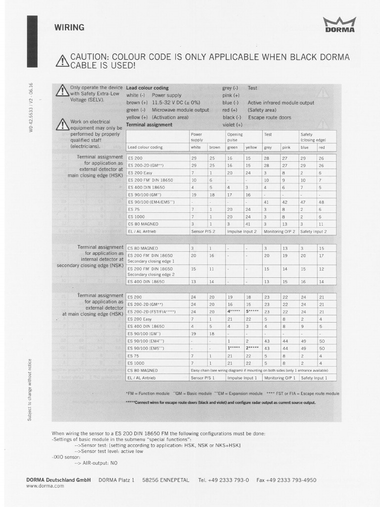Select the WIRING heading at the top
(x=69, y=28)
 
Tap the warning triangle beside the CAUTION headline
(x=62, y=61)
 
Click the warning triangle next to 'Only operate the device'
(x=62, y=90)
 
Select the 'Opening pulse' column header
(x=235, y=137)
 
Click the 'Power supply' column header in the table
(x=197, y=137)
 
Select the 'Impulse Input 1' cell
(x=242, y=378)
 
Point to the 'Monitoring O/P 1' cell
(x=280, y=378)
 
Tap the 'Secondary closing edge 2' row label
(x=151, y=274)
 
